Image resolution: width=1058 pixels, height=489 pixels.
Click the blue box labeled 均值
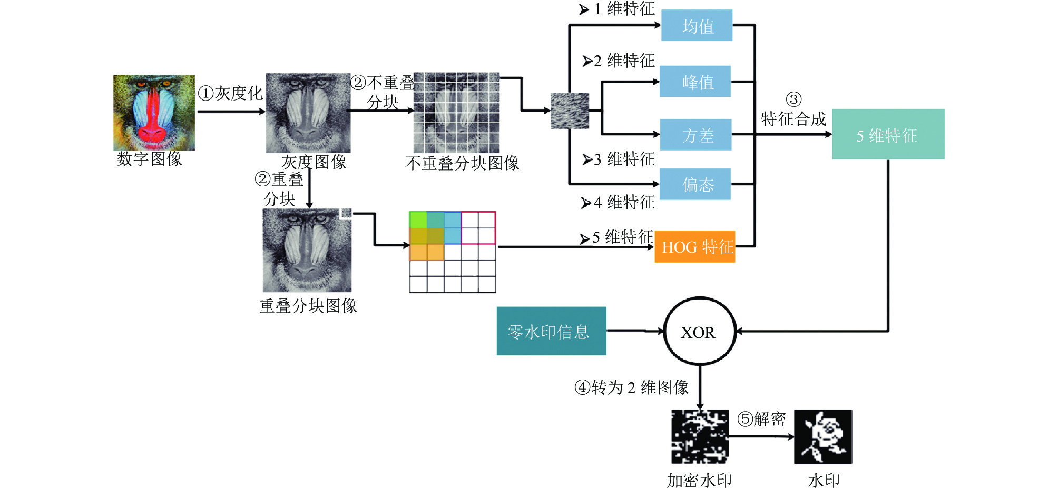coord(697,25)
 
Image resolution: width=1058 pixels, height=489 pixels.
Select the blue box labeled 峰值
coord(695,81)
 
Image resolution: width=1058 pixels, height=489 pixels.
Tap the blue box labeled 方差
coord(695,135)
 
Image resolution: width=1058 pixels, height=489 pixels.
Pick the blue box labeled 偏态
coord(695,184)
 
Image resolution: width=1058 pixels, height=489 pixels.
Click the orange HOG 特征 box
coord(694,246)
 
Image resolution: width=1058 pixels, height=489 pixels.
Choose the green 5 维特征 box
coord(888,134)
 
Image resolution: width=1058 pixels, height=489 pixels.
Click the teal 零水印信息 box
coord(551,331)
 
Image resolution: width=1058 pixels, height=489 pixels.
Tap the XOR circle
coord(699,332)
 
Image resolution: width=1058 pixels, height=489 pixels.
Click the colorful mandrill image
coord(154,113)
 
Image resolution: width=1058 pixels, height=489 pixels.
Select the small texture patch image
coord(570,111)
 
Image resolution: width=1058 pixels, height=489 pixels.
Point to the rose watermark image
coord(823,437)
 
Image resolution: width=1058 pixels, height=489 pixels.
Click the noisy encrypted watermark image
coord(700,437)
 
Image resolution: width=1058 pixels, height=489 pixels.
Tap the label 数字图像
coord(149,159)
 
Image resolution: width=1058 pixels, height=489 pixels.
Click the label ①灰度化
coord(230,94)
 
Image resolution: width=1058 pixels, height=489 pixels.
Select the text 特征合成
coord(793,119)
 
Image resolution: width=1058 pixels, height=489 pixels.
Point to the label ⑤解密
coord(761,420)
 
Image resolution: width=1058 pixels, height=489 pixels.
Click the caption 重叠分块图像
coord(308,306)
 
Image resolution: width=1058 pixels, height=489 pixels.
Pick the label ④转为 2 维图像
coord(631,388)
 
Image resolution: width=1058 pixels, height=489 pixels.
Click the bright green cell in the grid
coord(418,219)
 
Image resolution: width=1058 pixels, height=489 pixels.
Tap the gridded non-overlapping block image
coord(456,113)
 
